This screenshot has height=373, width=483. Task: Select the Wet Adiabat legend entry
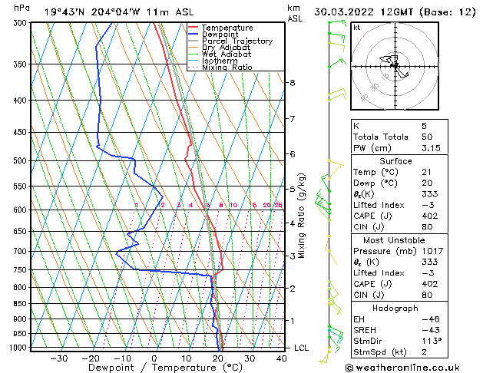[x=226, y=54]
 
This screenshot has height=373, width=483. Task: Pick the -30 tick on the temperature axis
[x=59, y=358]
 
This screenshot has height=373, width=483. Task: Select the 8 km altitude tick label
[x=293, y=83]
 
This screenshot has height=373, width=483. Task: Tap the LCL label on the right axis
[x=303, y=348]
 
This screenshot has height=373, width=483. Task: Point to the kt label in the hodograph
[x=357, y=28]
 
